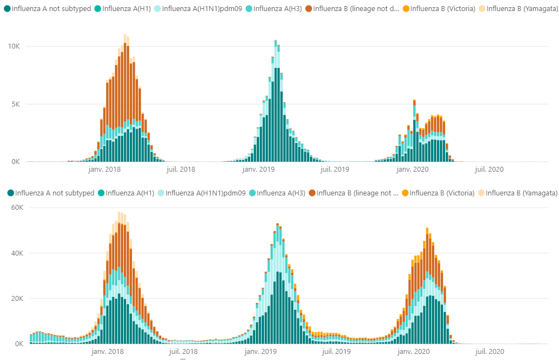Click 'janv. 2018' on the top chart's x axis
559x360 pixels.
[105, 170]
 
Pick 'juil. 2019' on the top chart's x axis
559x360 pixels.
[334, 170]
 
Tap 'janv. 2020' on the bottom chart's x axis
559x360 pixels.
[413, 351]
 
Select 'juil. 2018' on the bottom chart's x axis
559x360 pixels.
[182, 351]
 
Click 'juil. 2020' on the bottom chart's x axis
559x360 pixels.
[489, 351]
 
